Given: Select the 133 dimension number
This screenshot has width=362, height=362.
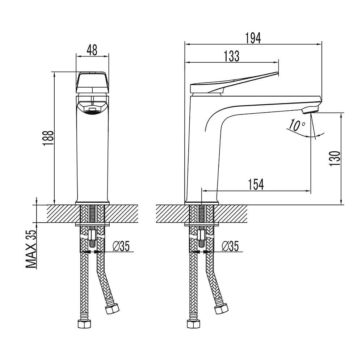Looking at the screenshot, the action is (232, 56).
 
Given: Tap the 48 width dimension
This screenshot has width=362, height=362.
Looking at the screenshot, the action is (92, 50).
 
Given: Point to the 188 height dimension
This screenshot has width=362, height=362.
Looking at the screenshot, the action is (48, 138).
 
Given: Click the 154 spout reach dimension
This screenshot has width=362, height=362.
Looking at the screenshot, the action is (256, 184).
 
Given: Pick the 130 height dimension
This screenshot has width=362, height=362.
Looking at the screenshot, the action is (335, 159).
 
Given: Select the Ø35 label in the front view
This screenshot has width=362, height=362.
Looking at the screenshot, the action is (121, 246).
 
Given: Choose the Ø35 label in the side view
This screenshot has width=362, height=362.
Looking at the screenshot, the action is (230, 246).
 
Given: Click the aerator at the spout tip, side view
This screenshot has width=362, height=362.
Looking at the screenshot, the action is (311, 109).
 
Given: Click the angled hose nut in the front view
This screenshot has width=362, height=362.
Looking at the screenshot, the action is (112, 308).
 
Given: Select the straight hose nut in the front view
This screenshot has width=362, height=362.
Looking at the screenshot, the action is (84, 324).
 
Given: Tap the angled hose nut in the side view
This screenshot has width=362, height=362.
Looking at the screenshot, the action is (222, 308).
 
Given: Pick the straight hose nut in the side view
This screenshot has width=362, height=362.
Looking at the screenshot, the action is (193, 324).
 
